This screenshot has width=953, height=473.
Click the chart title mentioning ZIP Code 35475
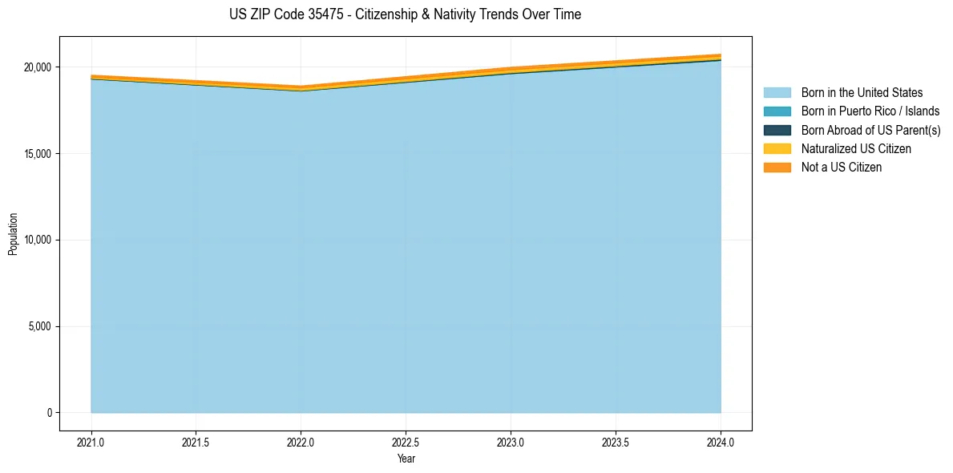coord(405,14)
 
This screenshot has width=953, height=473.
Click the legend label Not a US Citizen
coord(841,168)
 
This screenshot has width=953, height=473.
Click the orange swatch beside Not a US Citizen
coord(777,168)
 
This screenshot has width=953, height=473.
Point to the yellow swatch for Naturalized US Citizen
coord(777,149)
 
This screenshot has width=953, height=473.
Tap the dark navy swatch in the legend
coord(777,130)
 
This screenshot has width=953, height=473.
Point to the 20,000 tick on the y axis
coord(38,67)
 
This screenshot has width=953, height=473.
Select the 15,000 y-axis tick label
coord(38,154)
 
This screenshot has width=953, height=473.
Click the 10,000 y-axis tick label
coord(38,241)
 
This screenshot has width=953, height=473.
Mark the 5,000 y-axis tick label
coord(40,327)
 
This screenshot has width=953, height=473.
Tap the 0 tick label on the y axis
coord(48,413)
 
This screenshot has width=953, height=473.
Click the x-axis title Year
coord(406,459)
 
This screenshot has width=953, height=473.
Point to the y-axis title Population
coord(13,233)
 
